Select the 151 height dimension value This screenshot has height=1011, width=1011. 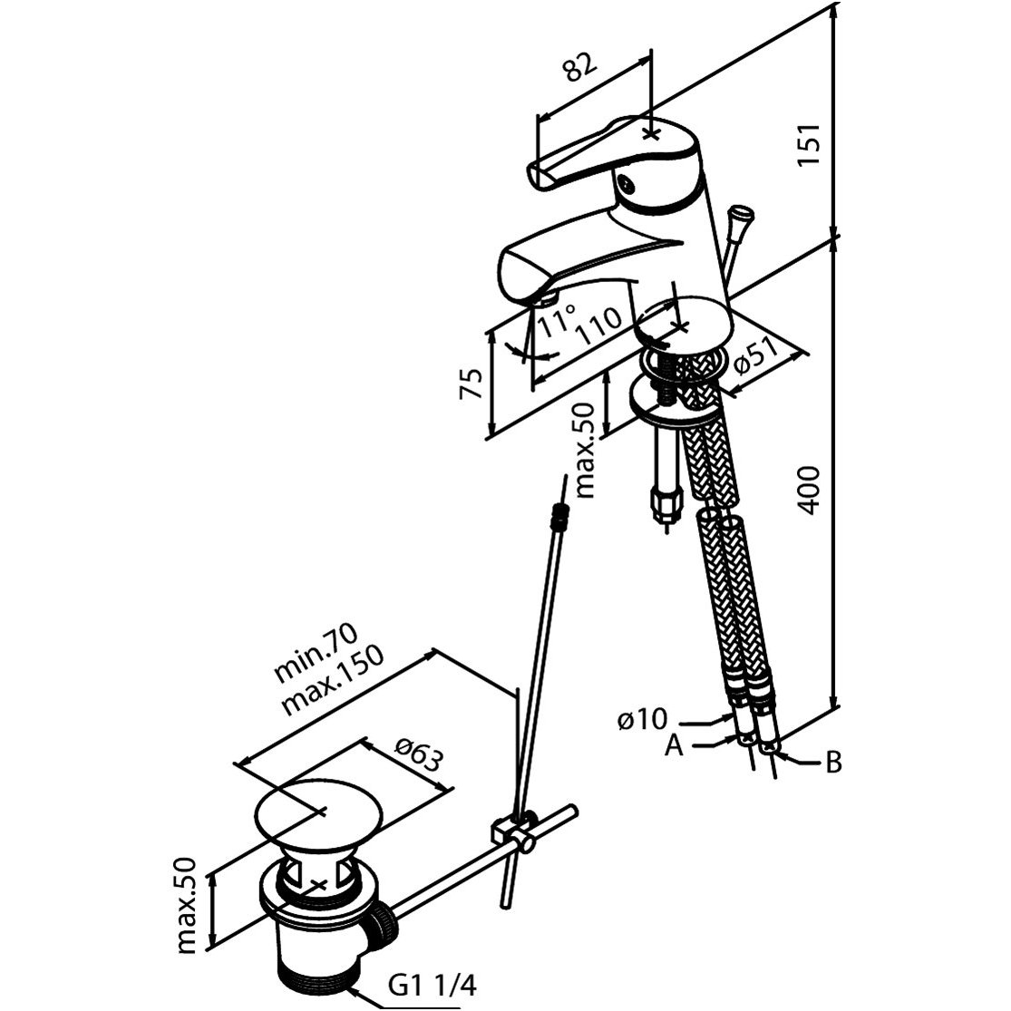click(x=809, y=144)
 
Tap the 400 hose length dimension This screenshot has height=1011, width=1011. click(x=809, y=491)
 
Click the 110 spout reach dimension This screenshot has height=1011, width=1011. click(x=599, y=325)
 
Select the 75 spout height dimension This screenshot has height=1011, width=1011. click(x=471, y=383)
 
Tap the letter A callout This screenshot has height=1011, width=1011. click(x=674, y=746)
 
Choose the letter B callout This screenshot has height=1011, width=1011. click(x=833, y=763)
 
